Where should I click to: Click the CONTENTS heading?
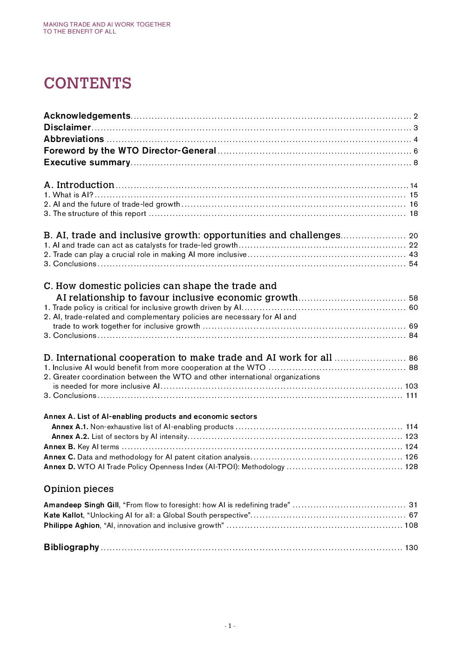(88, 83)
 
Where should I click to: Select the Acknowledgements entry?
(87, 116)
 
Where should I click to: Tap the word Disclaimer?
(68, 128)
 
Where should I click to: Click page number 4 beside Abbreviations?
(415, 140)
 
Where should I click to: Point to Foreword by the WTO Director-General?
(130, 151)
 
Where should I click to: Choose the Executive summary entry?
(87, 162)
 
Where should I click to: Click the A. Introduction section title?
(79, 185)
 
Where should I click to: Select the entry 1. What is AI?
(69, 195)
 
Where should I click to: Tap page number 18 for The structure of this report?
(414, 214)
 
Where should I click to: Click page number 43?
(413, 255)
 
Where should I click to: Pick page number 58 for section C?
(413, 298)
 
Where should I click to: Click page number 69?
(413, 326)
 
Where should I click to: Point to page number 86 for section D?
(413, 358)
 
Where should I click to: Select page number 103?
(411, 386)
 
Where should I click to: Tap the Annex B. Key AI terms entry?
(82, 447)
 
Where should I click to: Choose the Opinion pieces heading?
(79, 489)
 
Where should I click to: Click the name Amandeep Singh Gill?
(82, 505)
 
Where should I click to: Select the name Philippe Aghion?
(72, 525)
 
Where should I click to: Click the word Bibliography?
(71, 547)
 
